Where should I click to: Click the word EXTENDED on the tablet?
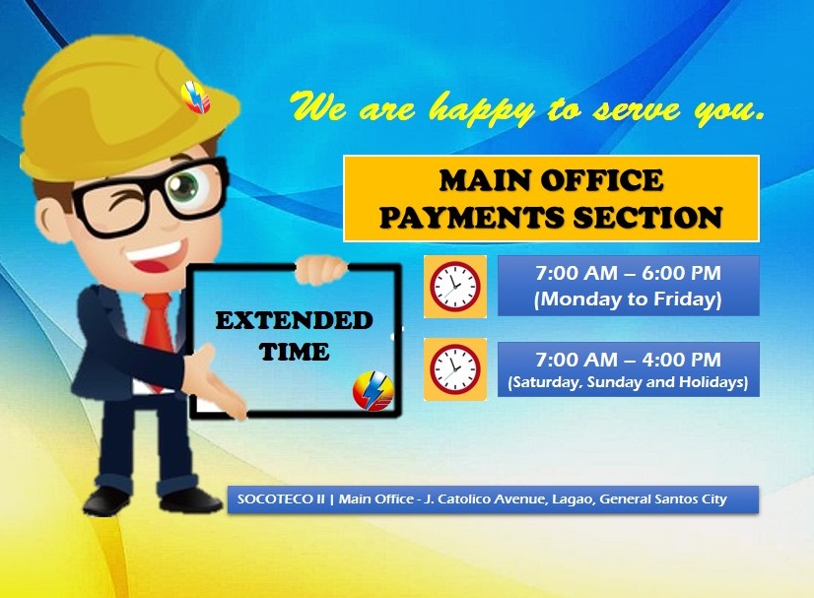294,321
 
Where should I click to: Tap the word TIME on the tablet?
294,352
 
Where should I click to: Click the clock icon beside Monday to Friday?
454,287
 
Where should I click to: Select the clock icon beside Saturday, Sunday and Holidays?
454,369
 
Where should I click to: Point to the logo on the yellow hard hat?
196,98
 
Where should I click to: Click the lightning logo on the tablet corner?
373,391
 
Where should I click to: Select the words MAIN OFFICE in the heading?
551,180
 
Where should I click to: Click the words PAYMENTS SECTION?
551,217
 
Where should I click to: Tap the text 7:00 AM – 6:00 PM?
628,273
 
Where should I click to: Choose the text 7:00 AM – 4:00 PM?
628,360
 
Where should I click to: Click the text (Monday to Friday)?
628,299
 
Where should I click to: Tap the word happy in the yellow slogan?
482,110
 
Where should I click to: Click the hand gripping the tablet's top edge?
320,269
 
